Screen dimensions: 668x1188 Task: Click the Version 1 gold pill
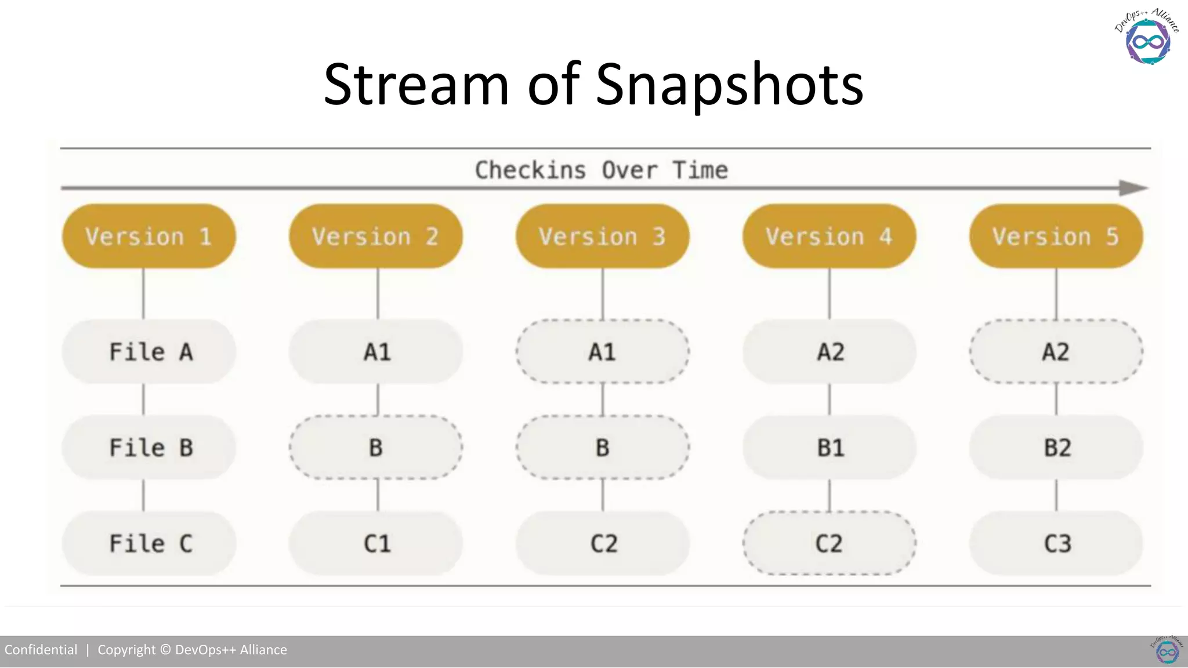[x=149, y=236]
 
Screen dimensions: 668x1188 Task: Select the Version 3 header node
[x=602, y=236]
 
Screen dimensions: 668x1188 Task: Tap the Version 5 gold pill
[x=1056, y=236]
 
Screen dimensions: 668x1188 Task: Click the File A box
[x=149, y=351]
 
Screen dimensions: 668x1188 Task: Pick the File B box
[x=149, y=448]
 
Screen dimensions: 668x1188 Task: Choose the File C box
[x=149, y=543]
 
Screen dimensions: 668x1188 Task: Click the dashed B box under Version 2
[x=376, y=448]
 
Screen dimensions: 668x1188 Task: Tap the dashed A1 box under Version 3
[x=602, y=351]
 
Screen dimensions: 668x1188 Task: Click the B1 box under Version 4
[x=830, y=448]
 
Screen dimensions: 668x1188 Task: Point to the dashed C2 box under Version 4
[x=830, y=543]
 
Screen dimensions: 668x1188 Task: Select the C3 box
[x=1056, y=543]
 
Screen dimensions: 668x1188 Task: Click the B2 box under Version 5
[x=1056, y=448]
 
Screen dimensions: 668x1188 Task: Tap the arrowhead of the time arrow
[x=1133, y=188]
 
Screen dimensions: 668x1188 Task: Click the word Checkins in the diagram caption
[x=530, y=170]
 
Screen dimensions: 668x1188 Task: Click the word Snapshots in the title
[x=729, y=85]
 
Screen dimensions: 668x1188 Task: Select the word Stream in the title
[x=416, y=85]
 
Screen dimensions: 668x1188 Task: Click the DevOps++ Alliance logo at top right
[x=1147, y=37]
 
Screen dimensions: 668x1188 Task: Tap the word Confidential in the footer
[x=41, y=649]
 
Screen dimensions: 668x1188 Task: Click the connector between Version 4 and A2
[x=830, y=293]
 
